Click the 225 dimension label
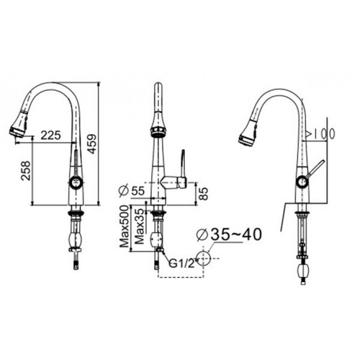[51, 136]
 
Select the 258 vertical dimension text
[26, 170]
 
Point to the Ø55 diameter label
[132, 191]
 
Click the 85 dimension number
[204, 194]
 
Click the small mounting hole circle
[203, 257]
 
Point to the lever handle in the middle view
[182, 165]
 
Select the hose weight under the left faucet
[75, 240]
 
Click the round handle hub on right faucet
[302, 183]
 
